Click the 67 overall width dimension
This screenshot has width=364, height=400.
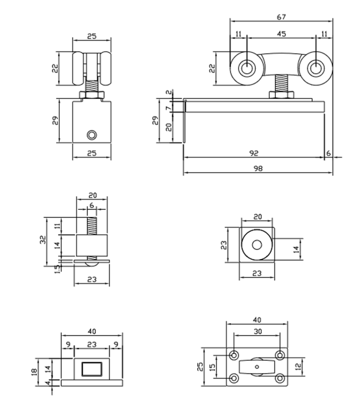click(x=281, y=17)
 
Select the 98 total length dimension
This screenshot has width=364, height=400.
click(x=258, y=168)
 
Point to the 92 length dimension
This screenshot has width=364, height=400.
click(x=254, y=153)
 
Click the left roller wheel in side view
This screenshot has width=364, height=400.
click(x=246, y=68)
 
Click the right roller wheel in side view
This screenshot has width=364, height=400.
click(x=315, y=68)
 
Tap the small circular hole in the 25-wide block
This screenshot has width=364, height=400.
click(x=92, y=135)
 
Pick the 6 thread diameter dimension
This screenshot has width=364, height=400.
click(x=91, y=205)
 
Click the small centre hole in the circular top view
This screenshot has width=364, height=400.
click(x=257, y=245)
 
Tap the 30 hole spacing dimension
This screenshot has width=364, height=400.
click(x=257, y=332)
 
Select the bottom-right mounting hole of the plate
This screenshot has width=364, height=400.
click(x=279, y=377)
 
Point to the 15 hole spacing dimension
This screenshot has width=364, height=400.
click(x=212, y=366)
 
